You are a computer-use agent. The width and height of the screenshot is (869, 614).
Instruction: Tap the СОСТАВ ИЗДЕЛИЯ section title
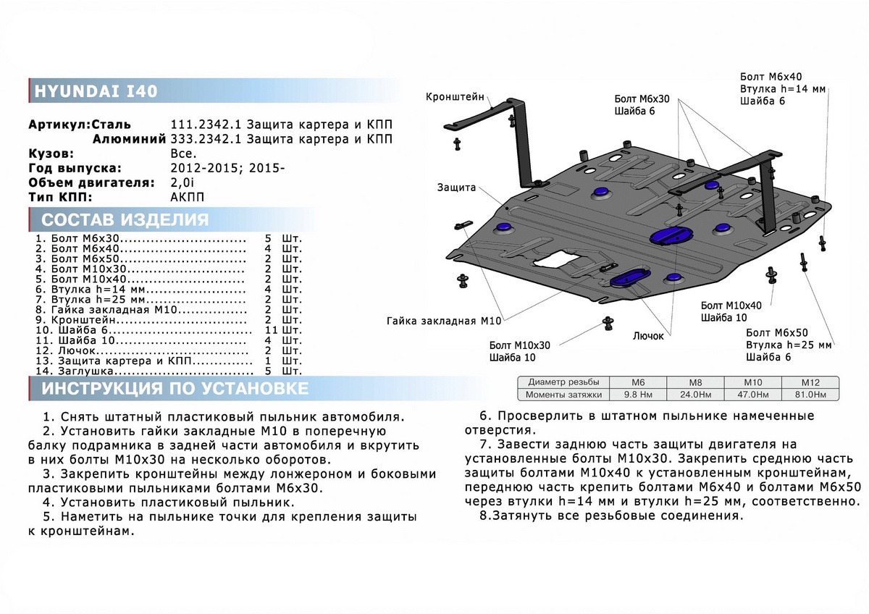click(125, 220)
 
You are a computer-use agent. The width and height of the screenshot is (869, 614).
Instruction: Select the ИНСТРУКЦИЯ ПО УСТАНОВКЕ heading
click(175, 389)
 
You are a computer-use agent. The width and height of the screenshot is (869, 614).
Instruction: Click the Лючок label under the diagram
click(650, 336)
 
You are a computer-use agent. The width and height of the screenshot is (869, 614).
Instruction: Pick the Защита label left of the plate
click(456, 188)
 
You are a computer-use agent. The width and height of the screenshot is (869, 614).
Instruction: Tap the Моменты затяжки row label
click(564, 395)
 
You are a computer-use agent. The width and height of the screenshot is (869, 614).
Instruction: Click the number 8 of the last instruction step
click(484, 516)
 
